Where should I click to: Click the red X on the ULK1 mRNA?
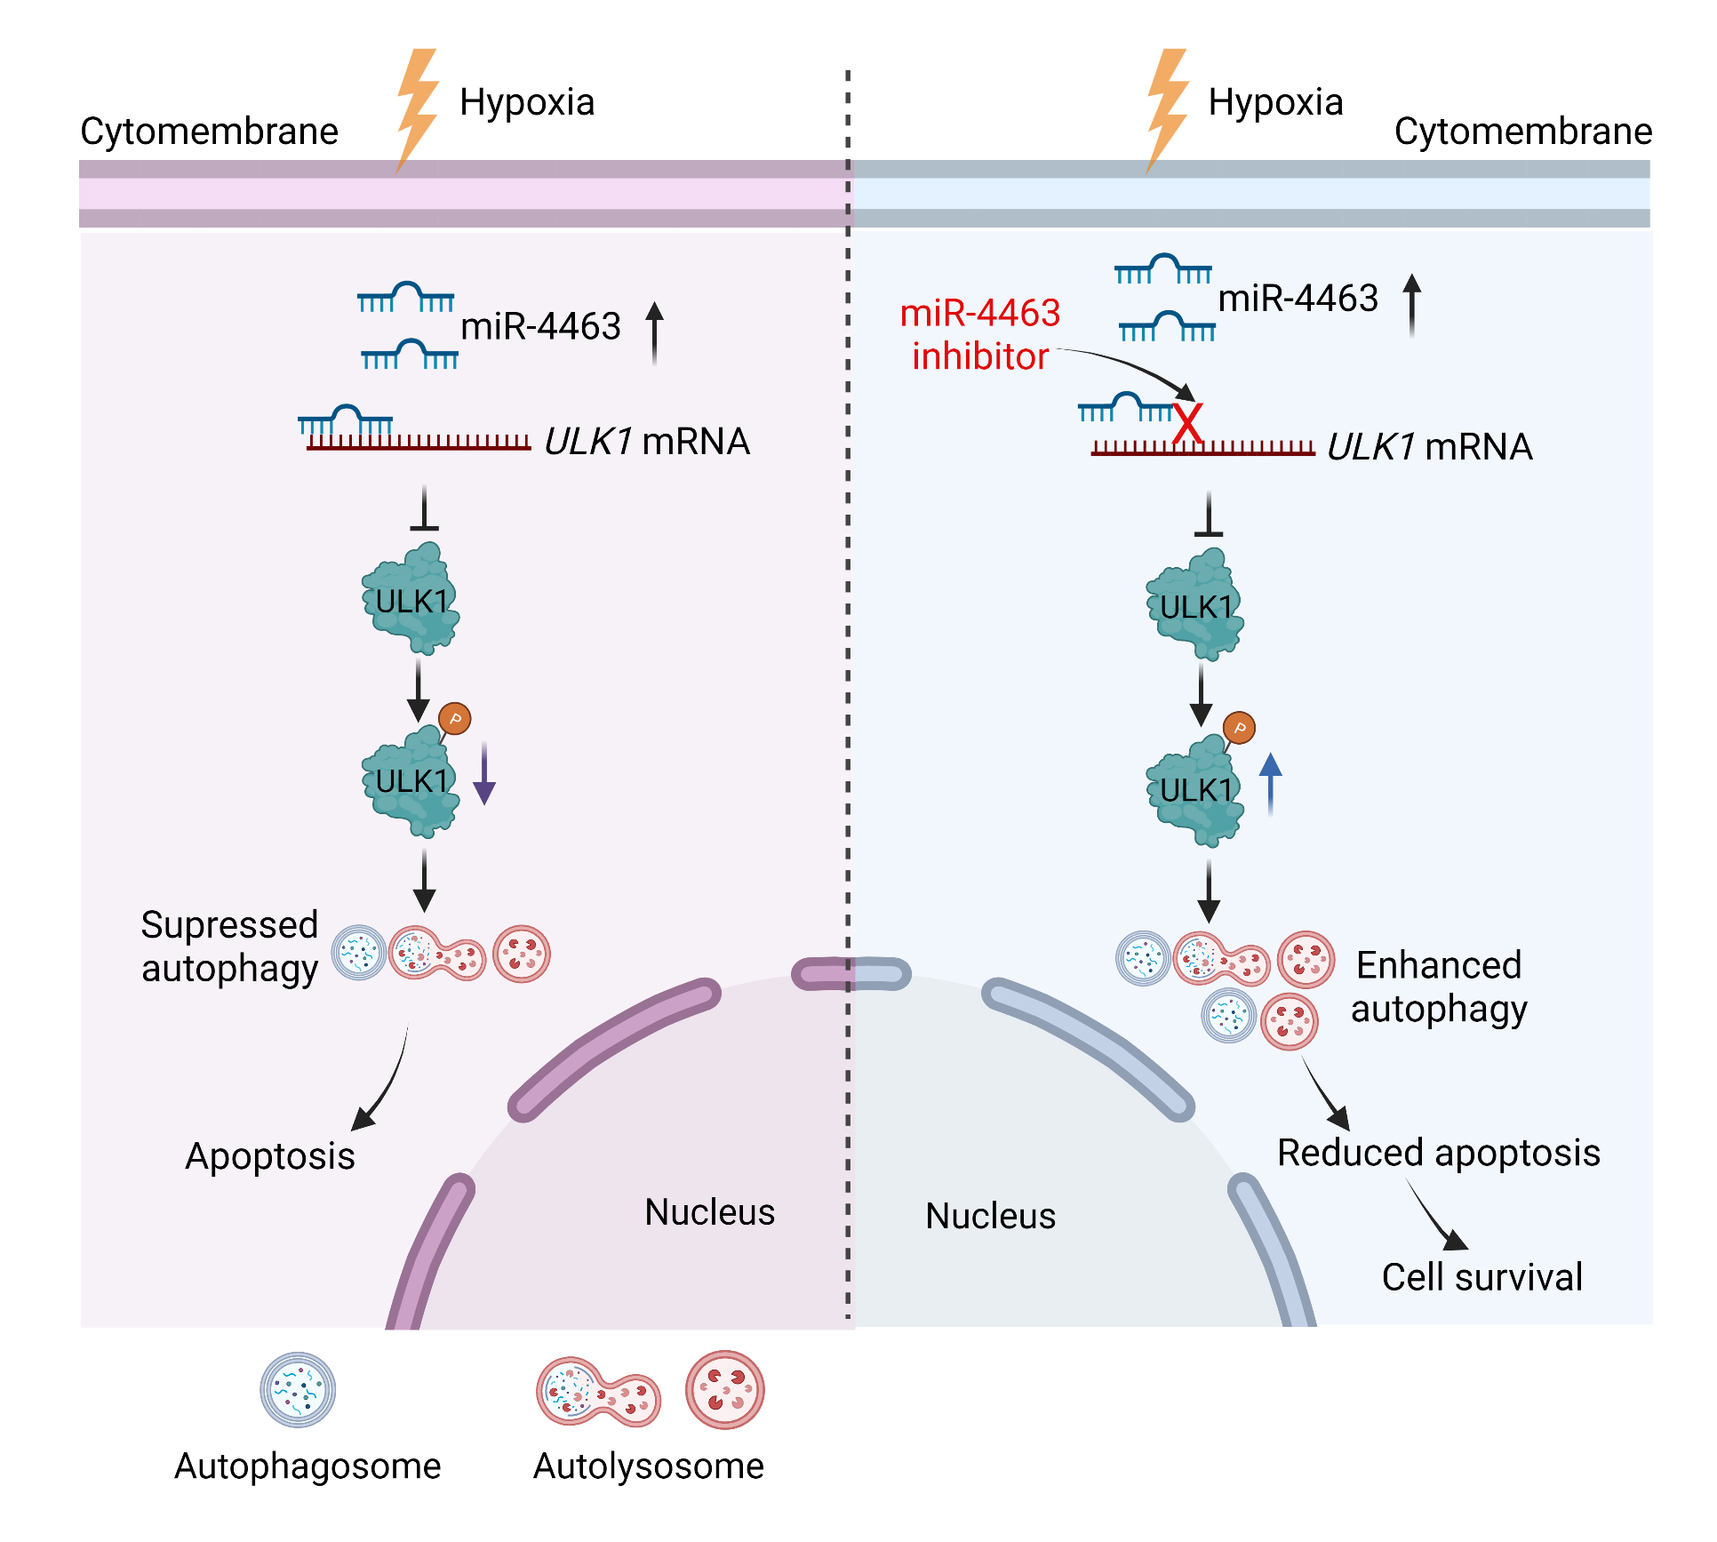[x=1187, y=423]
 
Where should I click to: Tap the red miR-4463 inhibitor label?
[x=980, y=334]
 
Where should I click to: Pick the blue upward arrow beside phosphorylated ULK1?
[x=1270, y=783]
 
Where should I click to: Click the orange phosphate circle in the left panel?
[x=455, y=718]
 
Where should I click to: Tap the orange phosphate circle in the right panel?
[x=1239, y=729]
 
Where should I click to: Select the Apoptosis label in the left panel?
[x=269, y=1156]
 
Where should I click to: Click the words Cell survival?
[x=1481, y=1277]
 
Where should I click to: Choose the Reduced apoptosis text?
[x=1438, y=1153]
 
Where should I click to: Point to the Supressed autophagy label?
[x=229, y=947]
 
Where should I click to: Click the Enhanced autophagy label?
[x=1439, y=987]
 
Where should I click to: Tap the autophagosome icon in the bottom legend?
[x=298, y=1390]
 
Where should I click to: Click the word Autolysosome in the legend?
[x=648, y=1466]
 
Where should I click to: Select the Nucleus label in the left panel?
[x=709, y=1212]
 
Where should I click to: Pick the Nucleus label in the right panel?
[x=990, y=1216]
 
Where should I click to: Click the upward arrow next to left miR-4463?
[x=654, y=332]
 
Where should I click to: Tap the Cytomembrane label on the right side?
[x=1522, y=132]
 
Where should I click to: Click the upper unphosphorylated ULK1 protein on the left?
[x=411, y=600]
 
